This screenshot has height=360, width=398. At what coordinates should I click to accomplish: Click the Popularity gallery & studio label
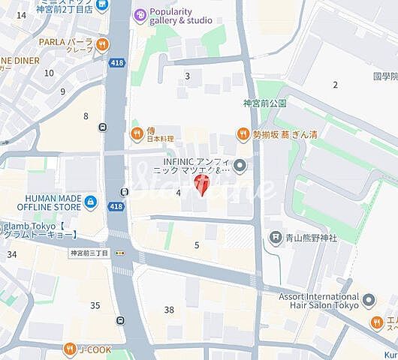tap(180, 16)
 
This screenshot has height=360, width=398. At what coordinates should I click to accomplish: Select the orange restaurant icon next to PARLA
tap(101, 45)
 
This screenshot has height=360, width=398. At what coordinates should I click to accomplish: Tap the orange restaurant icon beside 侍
tap(137, 134)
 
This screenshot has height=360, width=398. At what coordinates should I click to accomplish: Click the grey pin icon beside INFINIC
tap(239, 165)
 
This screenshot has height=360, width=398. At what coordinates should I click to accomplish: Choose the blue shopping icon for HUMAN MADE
tap(91, 202)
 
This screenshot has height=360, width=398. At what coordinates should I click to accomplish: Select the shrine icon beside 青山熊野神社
tap(276, 237)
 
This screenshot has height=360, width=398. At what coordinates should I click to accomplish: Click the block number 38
tap(169, 310)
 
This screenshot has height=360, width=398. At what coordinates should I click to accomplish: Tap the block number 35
tap(95, 305)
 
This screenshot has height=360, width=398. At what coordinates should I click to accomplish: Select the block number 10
tap(50, 73)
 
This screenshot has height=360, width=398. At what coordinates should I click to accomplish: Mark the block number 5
tap(197, 245)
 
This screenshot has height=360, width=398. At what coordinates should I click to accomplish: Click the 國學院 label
tap(384, 76)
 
